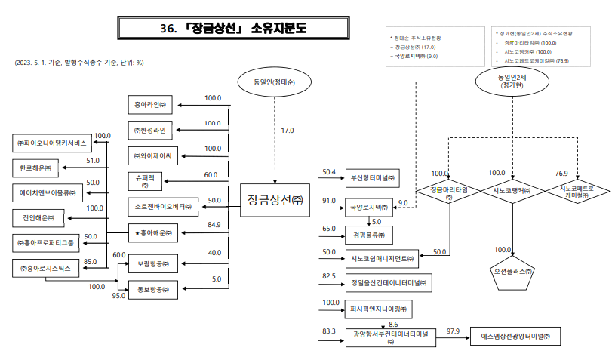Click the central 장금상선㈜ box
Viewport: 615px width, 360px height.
275,199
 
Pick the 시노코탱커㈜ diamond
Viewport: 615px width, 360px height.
512,190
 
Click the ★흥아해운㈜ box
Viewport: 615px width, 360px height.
152,234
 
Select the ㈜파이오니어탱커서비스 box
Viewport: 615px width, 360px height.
51,143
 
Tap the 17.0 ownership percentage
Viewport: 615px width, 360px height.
288,131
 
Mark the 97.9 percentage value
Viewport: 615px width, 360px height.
453,331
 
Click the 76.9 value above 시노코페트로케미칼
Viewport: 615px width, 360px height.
561,172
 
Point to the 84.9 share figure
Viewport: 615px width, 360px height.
214,225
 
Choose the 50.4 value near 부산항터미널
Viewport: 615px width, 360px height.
328,172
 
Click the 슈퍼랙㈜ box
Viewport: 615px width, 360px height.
145,181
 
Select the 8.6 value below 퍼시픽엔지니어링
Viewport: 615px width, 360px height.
393,324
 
